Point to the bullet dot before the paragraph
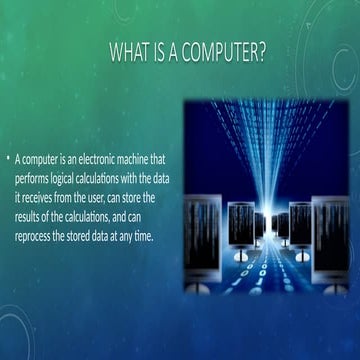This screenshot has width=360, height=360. (8, 159)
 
